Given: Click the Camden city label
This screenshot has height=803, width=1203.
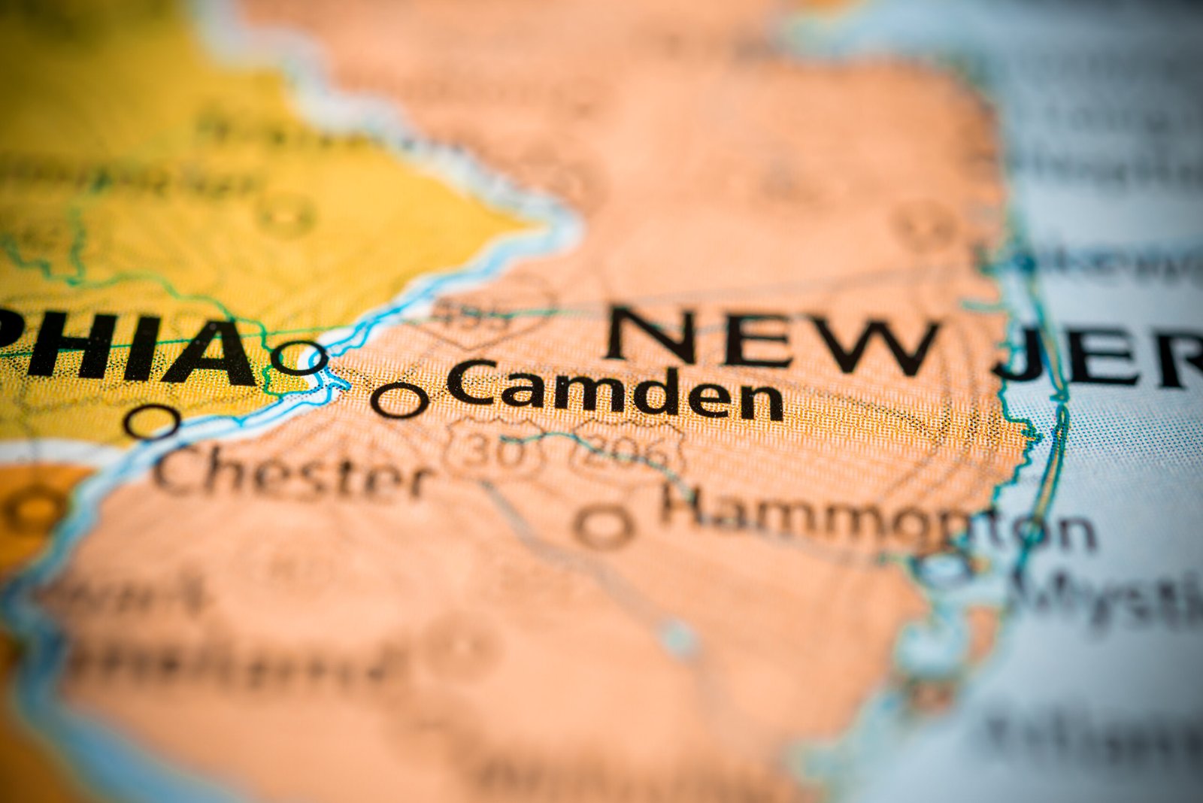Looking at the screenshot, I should [x=615, y=391].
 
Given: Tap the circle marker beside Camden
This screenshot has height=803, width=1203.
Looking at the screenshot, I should [x=399, y=399].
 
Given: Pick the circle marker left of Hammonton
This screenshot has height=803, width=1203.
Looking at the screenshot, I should [x=604, y=526].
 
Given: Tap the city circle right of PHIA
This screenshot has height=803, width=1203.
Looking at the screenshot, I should [x=299, y=357].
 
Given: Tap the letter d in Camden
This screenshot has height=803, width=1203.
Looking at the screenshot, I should [x=661, y=391].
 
